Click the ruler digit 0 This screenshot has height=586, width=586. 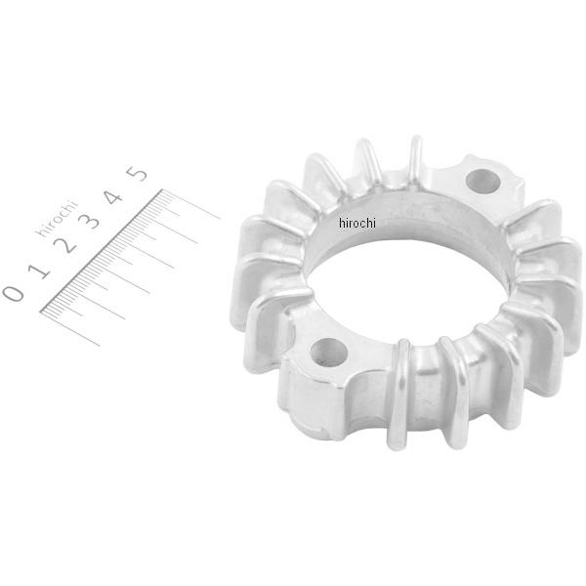click(x=13, y=293)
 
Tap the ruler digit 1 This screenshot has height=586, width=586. click(x=40, y=271)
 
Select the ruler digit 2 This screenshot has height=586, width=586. click(x=65, y=245)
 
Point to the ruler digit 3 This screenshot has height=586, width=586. click(x=89, y=220)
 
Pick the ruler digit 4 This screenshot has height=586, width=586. click(x=113, y=197)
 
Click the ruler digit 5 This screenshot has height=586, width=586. click(x=137, y=174)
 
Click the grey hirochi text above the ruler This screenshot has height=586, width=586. click(x=57, y=219)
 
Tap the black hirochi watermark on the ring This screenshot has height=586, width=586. click(x=356, y=223)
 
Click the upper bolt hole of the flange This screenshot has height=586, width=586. click(x=482, y=181)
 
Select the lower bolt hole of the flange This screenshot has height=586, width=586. click(x=329, y=352)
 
